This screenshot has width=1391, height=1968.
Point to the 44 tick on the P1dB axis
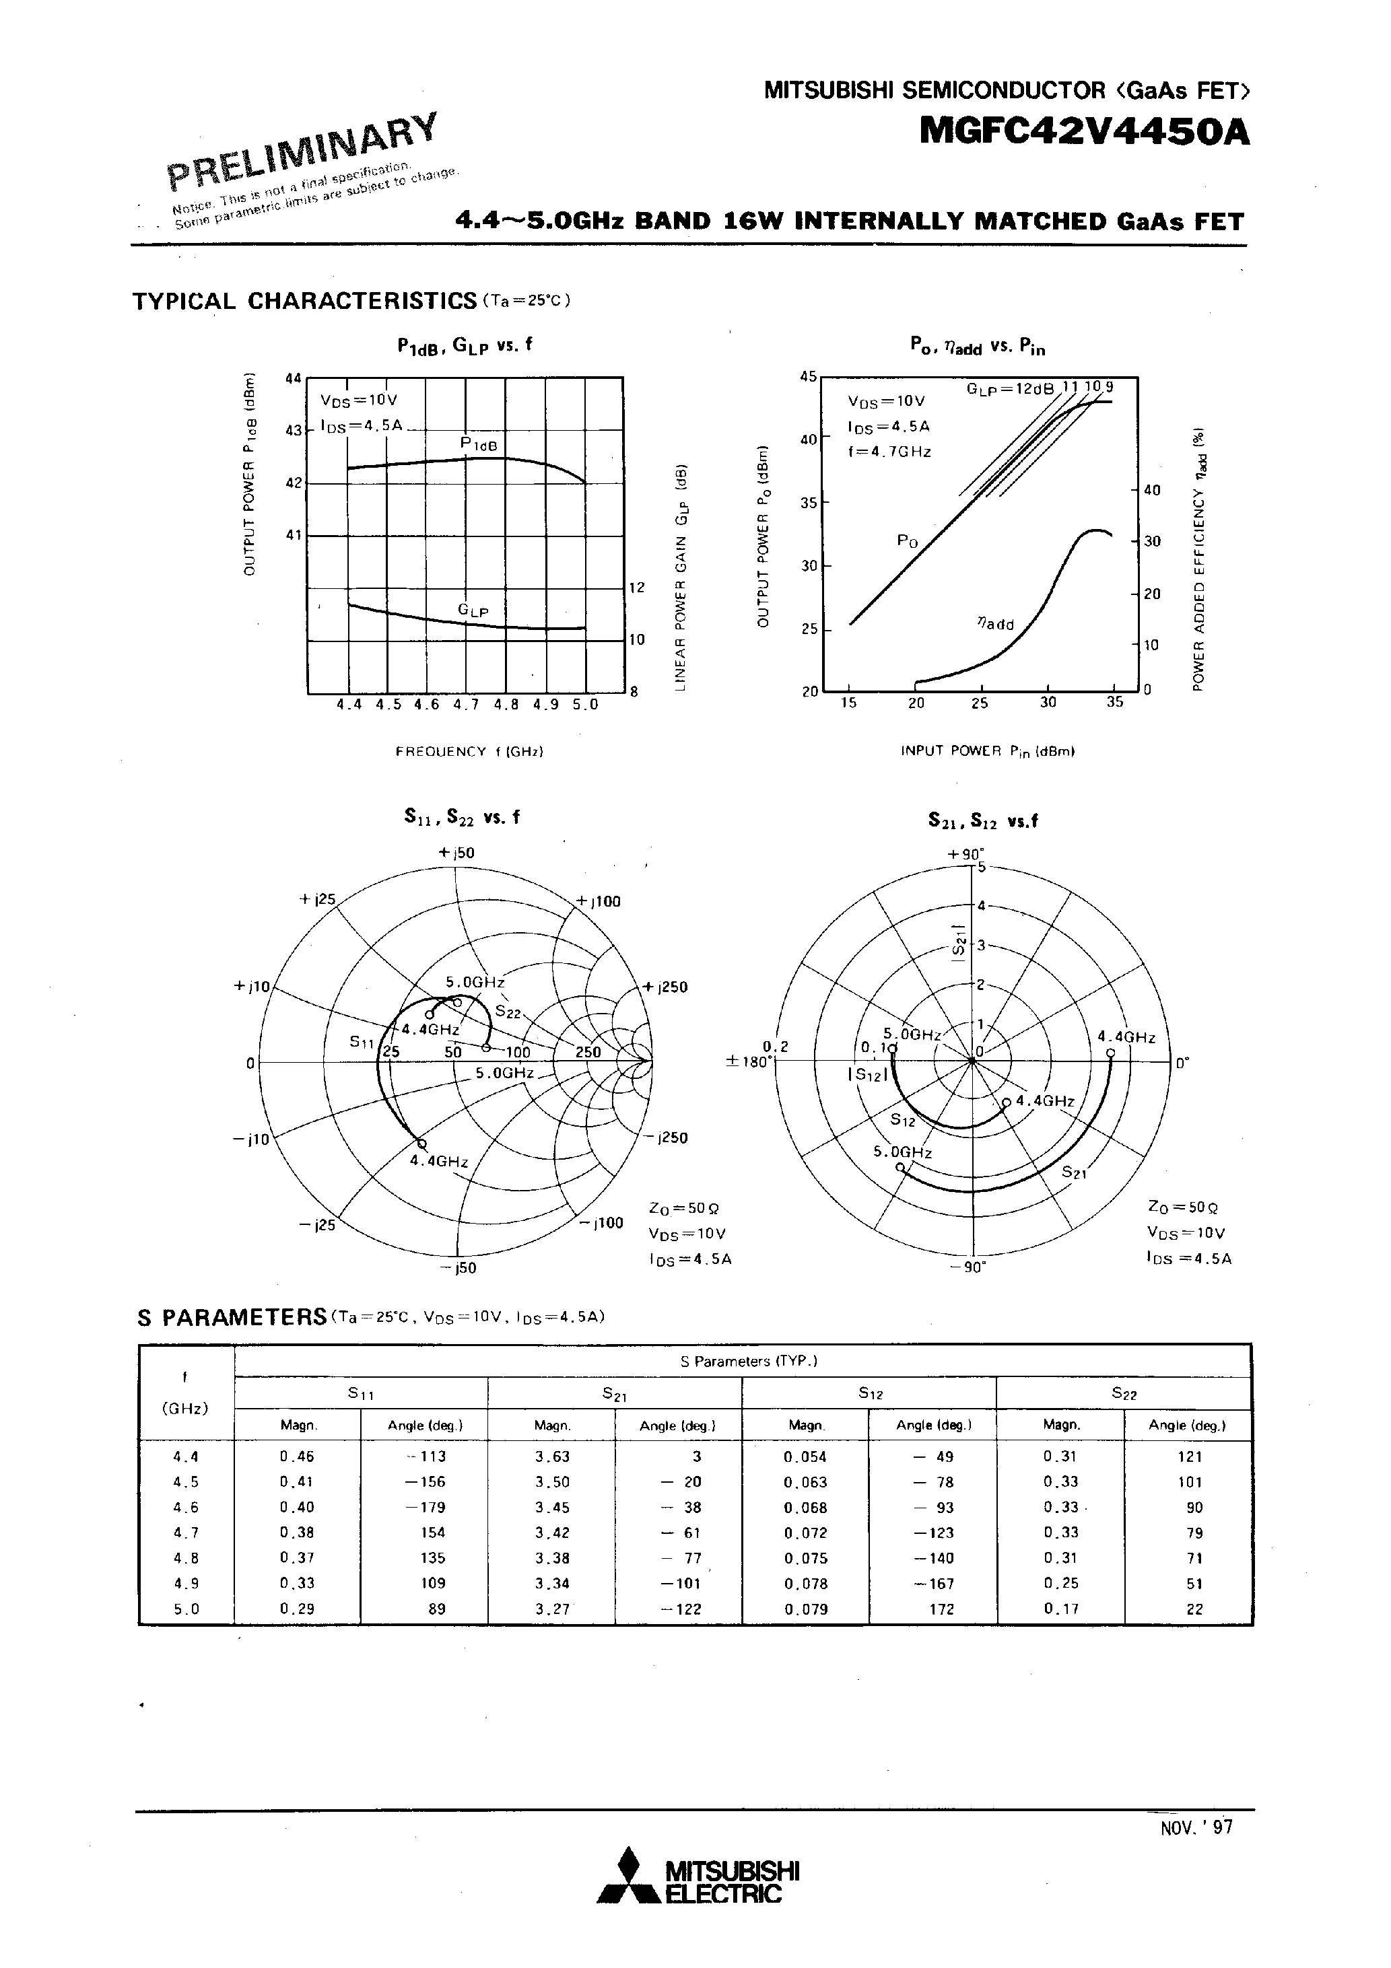pyautogui.click(x=294, y=378)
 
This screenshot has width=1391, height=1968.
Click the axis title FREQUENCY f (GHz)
pyautogui.click(x=469, y=752)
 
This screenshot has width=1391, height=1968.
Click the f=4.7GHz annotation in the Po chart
pyautogui.click(x=889, y=451)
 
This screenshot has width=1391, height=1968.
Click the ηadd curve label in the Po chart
pyautogui.click(x=996, y=624)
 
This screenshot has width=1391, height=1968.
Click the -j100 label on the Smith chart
pyautogui.click(x=607, y=1222)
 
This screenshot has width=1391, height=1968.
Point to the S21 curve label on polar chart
pyautogui.click(x=1074, y=1172)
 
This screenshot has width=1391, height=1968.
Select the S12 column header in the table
pyautogui.click(x=871, y=1394)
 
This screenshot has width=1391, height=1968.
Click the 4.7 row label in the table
pyautogui.click(x=186, y=1533)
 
